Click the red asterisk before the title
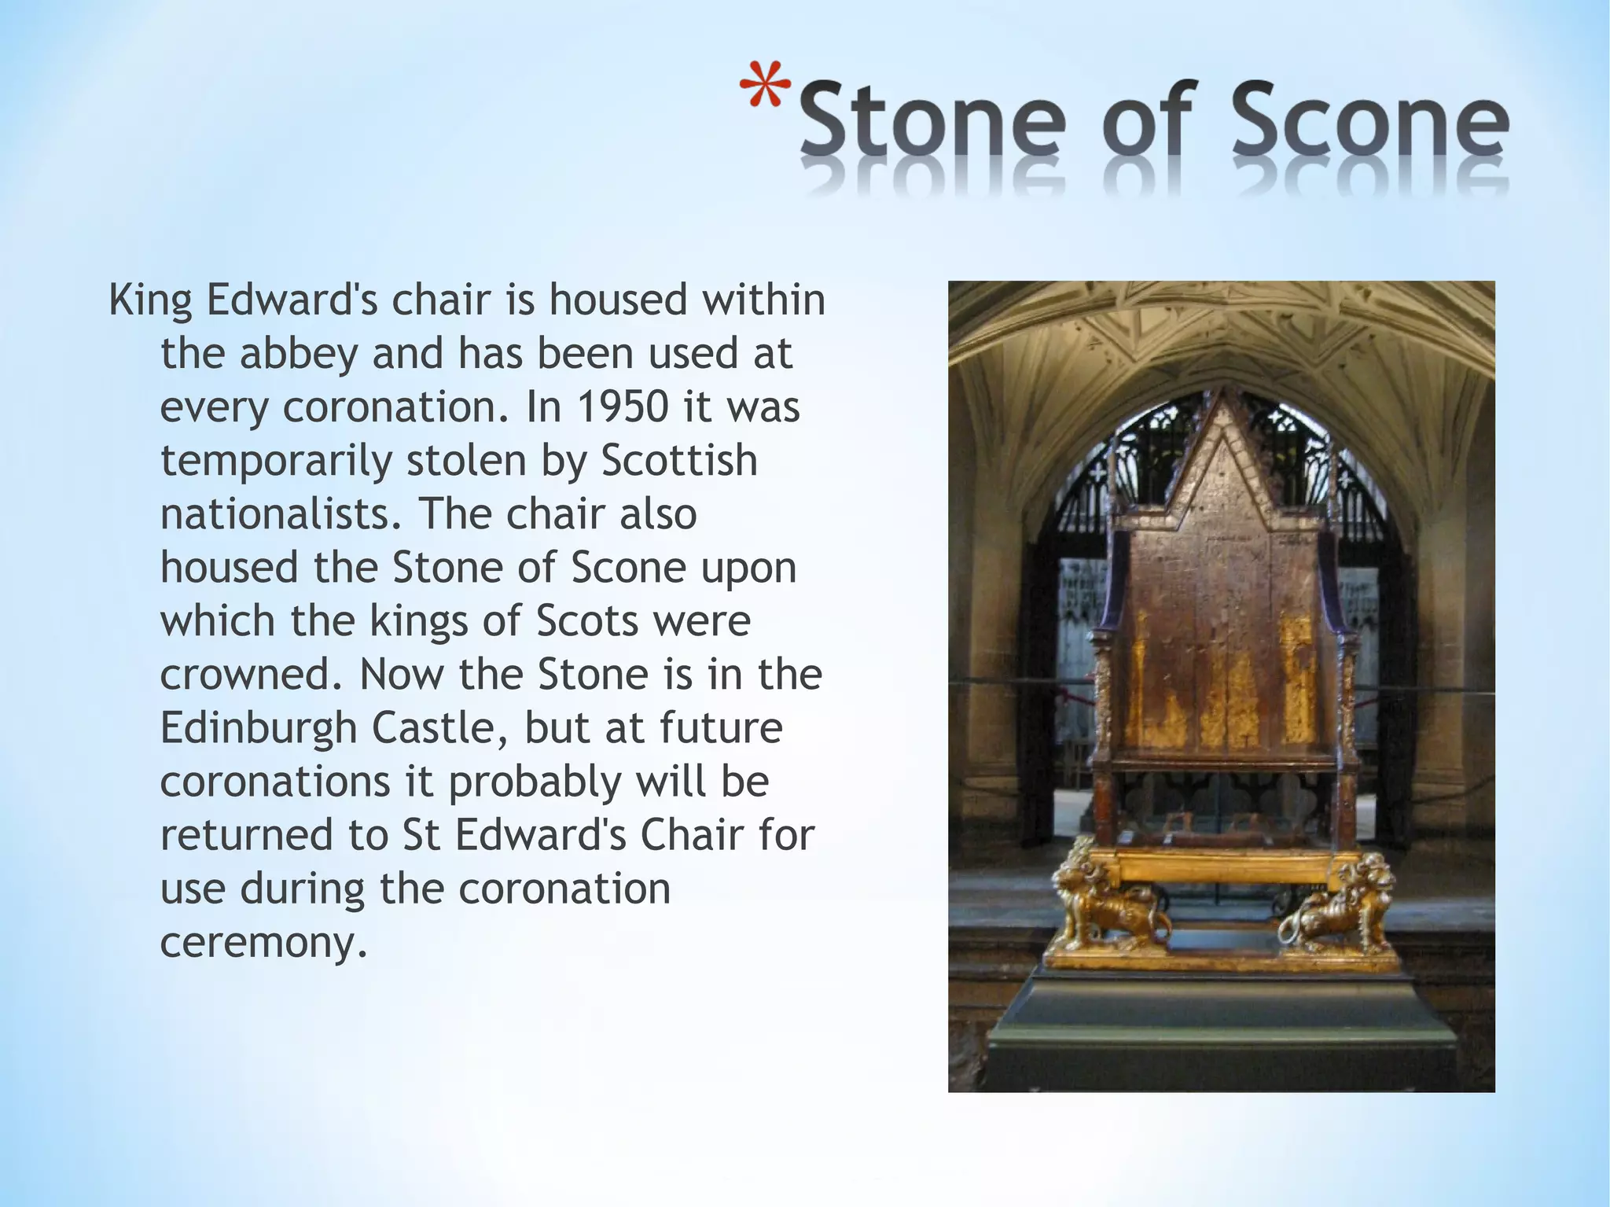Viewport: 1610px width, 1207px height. pos(765,85)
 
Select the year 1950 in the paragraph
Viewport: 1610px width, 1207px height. pos(623,407)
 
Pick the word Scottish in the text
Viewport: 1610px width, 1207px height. pos(679,461)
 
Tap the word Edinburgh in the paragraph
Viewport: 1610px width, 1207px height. pos(259,729)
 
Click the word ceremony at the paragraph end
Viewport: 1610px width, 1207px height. pos(263,942)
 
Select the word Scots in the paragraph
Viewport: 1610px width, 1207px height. pos(587,621)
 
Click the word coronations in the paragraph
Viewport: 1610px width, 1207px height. pos(275,782)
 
